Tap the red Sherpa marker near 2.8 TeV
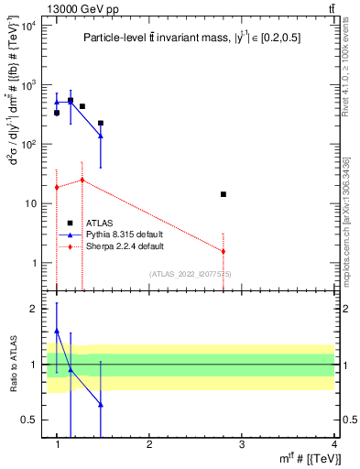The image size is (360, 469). click(x=223, y=251)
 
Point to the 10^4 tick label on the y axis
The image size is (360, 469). click(x=28, y=26)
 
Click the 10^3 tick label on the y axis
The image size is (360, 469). click(x=28, y=85)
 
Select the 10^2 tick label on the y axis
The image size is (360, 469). click(x=28, y=145)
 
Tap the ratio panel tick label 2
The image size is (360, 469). click(x=34, y=309)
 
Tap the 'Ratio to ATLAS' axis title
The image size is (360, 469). click(x=12, y=365)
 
